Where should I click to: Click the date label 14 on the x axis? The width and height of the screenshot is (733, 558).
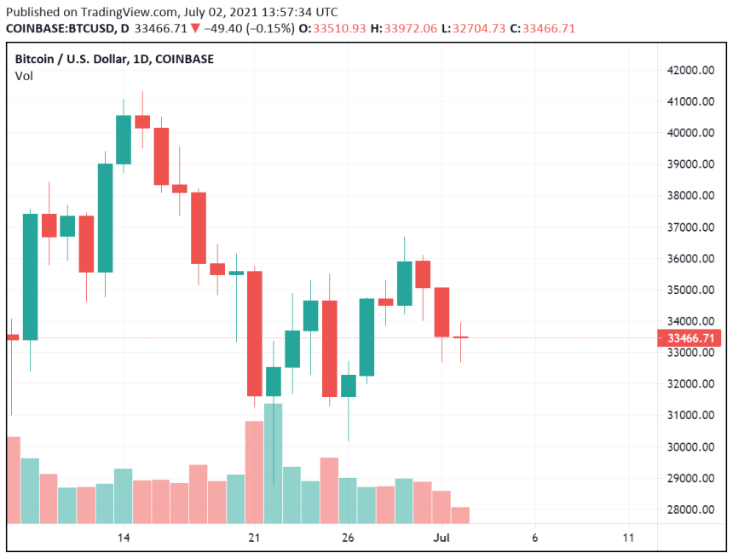[124, 538]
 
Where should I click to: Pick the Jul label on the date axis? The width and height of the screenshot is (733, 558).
[442, 538]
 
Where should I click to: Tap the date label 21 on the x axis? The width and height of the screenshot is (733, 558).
[254, 538]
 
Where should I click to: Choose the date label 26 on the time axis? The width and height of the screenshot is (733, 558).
[348, 538]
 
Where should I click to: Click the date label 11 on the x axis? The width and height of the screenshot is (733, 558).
[629, 538]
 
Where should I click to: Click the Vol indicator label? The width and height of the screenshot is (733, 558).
[24, 76]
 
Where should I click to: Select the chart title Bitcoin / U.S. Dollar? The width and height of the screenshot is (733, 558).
[73, 59]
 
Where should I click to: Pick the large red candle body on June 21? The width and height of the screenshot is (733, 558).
[254, 333]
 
